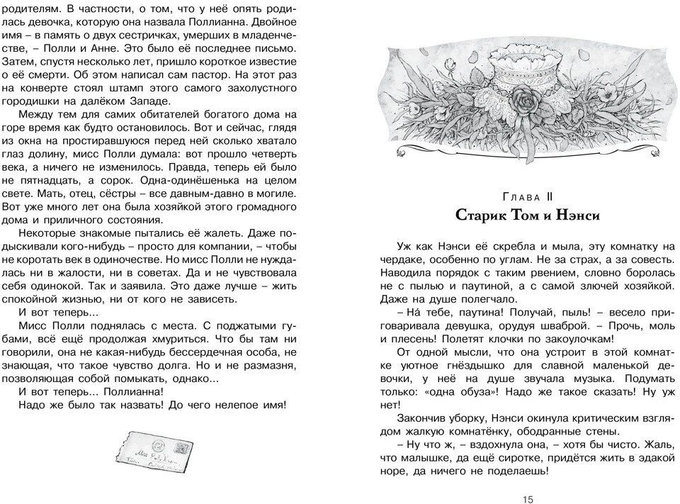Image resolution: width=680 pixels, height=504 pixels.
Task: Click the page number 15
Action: tap(528, 499)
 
